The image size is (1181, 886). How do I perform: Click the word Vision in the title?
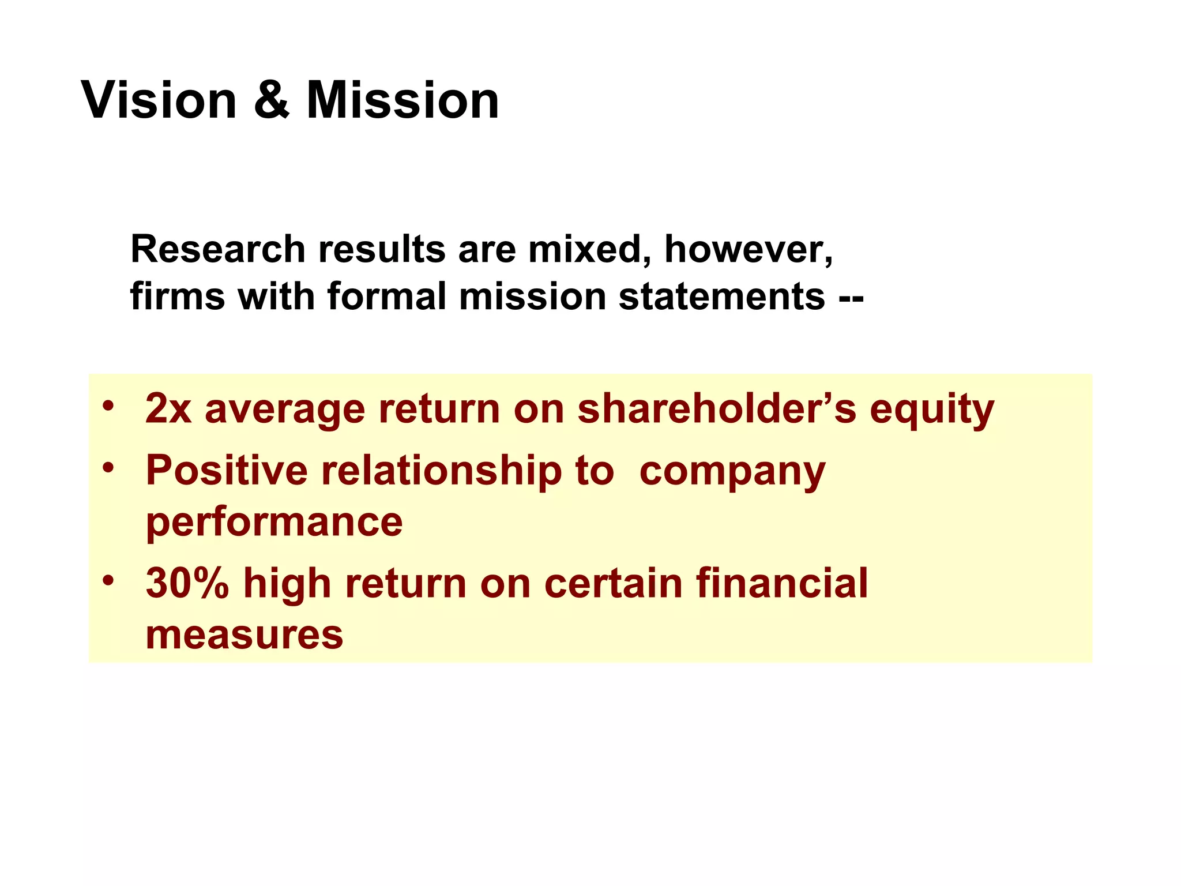[159, 100]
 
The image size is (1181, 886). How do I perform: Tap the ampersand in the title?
[271, 100]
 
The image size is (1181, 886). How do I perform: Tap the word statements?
[721, 296]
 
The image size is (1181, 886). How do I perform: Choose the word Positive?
[227, 470]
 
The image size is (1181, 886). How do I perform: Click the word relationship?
[442, 471]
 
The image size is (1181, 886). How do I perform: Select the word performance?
[274, 523]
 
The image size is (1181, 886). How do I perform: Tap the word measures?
[245, 635]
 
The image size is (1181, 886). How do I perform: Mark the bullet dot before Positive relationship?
[108, 467]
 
